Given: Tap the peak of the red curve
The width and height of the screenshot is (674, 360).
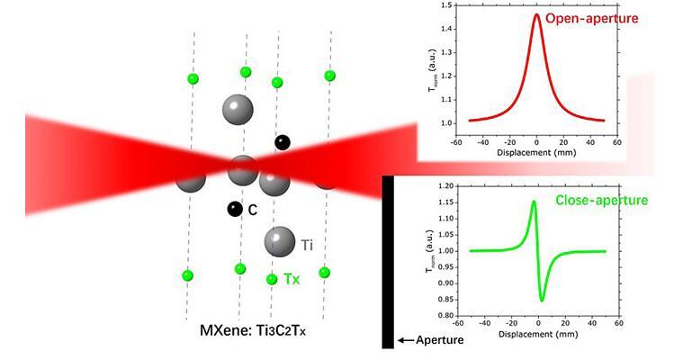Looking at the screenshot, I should (x=536, y=14).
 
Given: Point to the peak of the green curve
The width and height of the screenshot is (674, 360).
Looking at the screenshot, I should (x=534, y=202).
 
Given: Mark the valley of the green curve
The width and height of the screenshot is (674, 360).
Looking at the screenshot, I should (x=543, y=300).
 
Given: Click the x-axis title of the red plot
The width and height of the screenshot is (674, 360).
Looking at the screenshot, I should (x=536, y=154).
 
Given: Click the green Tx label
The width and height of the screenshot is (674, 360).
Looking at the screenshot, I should (x=292, y=280).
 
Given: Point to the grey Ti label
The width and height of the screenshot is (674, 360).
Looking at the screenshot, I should (x=307, y=244).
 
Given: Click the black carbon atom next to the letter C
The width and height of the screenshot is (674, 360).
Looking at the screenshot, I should (x=234, y=210).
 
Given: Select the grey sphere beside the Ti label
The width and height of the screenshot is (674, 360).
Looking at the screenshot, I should (x=280, y=241).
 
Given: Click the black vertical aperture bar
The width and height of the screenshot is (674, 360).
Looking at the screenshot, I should (x=388, y=261).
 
